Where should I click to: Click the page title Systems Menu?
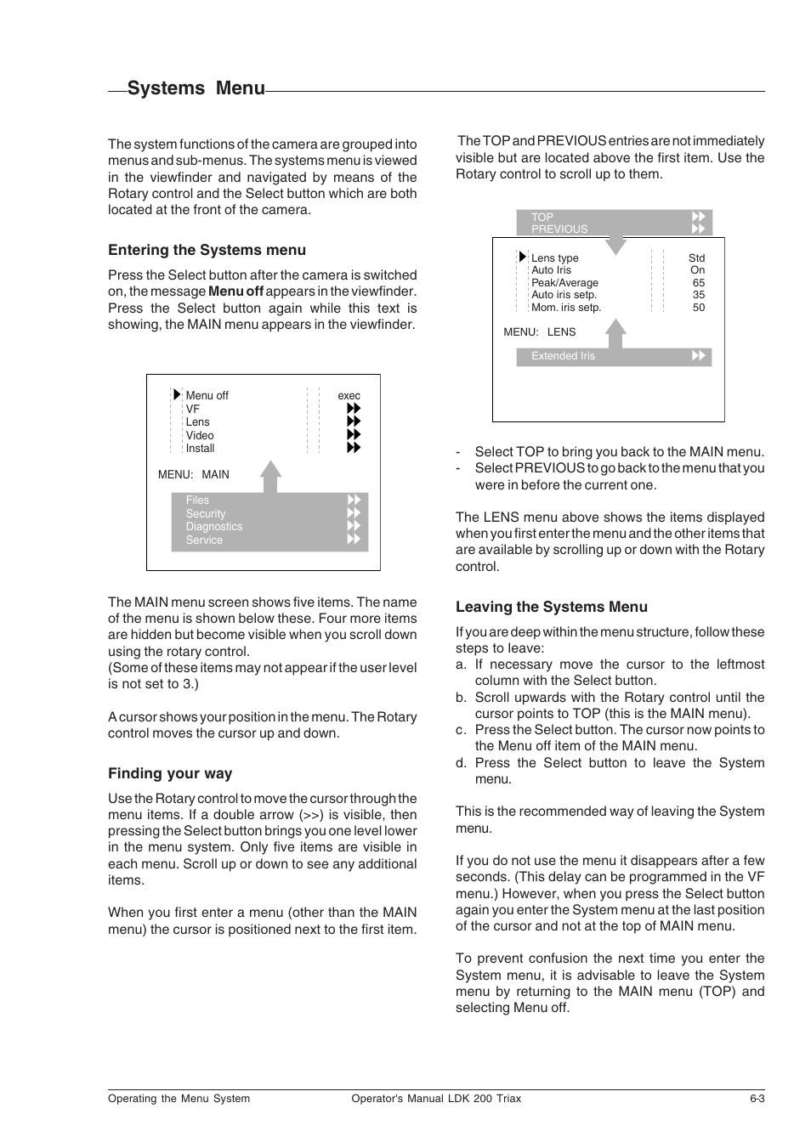coord(196,88)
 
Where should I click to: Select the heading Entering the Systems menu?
coord(207,250)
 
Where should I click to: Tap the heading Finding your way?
coord(170,773)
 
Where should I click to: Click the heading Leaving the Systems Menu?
coord(551,607)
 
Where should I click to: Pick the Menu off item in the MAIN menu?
coord(207,396)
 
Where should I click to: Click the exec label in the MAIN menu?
coord(349,396)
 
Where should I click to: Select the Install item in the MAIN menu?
coord(200,449)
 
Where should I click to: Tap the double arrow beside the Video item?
coord(354,435)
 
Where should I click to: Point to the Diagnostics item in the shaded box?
coord(213,527)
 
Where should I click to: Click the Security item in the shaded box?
coord(206,514)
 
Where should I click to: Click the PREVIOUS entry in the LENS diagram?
coord(559,229)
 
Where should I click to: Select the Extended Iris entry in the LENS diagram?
coord(563,356)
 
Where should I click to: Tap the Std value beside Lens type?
coord(696,258)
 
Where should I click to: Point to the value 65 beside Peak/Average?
coord(698,283)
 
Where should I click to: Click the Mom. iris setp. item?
coord(565,308)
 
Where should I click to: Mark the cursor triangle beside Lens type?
coord(523,257)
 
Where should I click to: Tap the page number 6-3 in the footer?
coord(757,1099)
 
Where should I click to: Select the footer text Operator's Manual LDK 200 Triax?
coord(436,1099)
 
